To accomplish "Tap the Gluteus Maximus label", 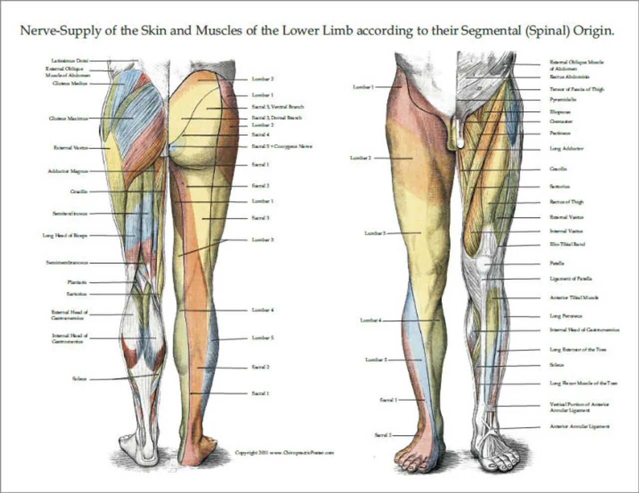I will click(68, 118).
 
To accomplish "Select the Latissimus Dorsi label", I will click(69, 60).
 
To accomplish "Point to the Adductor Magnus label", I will click(67, 171).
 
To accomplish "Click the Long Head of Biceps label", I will click(65, 235).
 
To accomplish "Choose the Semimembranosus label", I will click(67, 262).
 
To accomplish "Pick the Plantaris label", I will click(77, 282).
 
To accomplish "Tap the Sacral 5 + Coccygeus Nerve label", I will click(282, 147).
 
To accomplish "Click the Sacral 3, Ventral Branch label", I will click(278, 107).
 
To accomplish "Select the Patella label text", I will click(557, 263).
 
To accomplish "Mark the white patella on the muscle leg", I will click(483, 262).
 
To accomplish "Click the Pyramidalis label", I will click(563, 99).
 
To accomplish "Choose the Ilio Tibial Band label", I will click(567, 245).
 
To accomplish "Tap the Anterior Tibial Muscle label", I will click(574, 297).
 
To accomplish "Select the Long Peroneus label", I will click(566, 316).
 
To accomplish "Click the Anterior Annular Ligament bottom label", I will click(580, 427).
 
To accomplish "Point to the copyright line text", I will click(284, 453).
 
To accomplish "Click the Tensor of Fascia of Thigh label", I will click(577, 89).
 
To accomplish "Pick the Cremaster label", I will click(561, 121).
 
